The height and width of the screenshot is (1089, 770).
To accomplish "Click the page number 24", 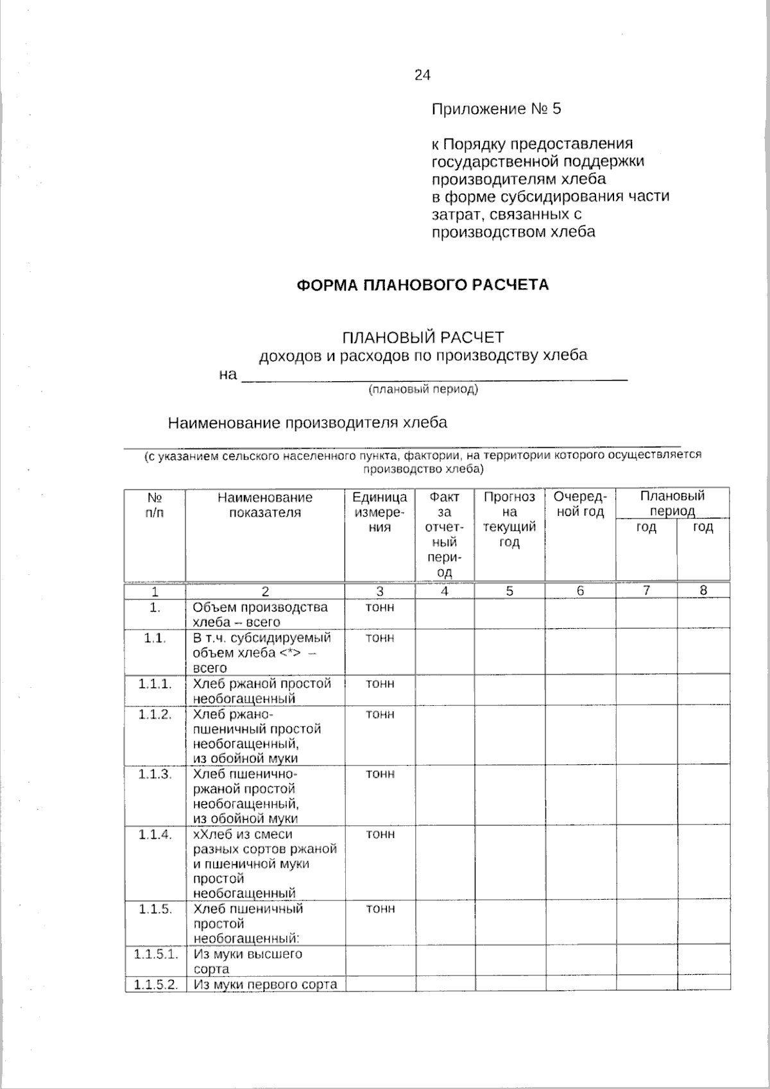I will [x=422, y=75].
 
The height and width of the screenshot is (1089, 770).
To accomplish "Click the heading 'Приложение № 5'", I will [x=496, y=109].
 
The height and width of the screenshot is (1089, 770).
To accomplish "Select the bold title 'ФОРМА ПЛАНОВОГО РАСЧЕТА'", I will [x=422, y=285].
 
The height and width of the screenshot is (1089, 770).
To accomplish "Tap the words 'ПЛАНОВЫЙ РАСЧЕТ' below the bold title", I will [x=423, y=337].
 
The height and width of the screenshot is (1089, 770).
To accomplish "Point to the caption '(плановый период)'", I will [x=423, y=390].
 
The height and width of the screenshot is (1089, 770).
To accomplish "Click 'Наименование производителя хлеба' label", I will [x=307, y=423].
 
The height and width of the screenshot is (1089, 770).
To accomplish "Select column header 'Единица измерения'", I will [x=380, y=512].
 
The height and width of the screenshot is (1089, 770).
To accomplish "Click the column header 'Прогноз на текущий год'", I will [x=509, y=520].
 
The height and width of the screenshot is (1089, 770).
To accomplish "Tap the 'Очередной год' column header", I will [x=579, y=504].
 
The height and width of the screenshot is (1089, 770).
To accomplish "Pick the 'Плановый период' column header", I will [x=672, y=503].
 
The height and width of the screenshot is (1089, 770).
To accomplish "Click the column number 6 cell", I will [x=580, y=591].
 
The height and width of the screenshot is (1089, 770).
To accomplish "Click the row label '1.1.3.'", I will [x=155, y=774].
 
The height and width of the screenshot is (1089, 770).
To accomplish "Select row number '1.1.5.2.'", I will [x=156, y=984].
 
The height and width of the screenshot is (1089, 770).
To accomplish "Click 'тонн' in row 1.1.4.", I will [x=380, y=834].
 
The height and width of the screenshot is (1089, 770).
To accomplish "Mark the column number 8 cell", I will [x=703, y=590].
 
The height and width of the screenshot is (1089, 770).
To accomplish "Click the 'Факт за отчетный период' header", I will [x=445, y=535].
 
